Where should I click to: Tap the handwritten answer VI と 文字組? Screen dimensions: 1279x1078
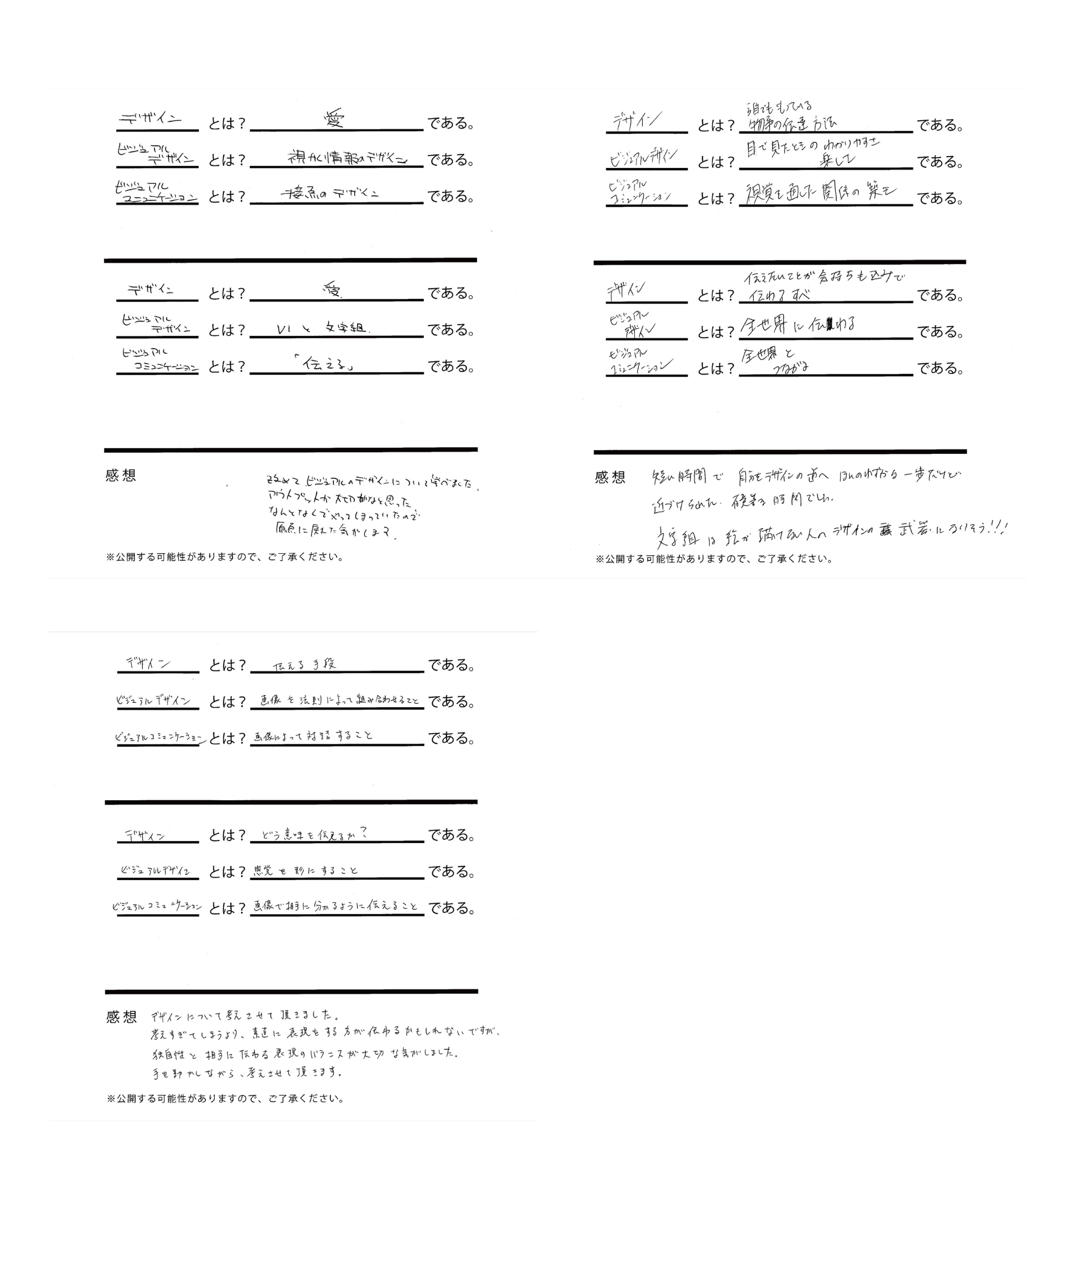click(x=321, y=329)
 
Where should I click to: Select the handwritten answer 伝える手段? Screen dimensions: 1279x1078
click(x=304, y=665)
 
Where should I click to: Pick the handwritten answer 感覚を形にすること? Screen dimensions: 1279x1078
click(x=305, y=871)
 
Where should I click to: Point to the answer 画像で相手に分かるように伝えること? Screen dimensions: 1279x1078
click(x=336, y=907)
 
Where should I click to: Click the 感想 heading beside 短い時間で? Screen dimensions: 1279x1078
click(x=609, y=477)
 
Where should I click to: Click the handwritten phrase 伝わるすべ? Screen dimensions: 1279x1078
click(x=779, y=295)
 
